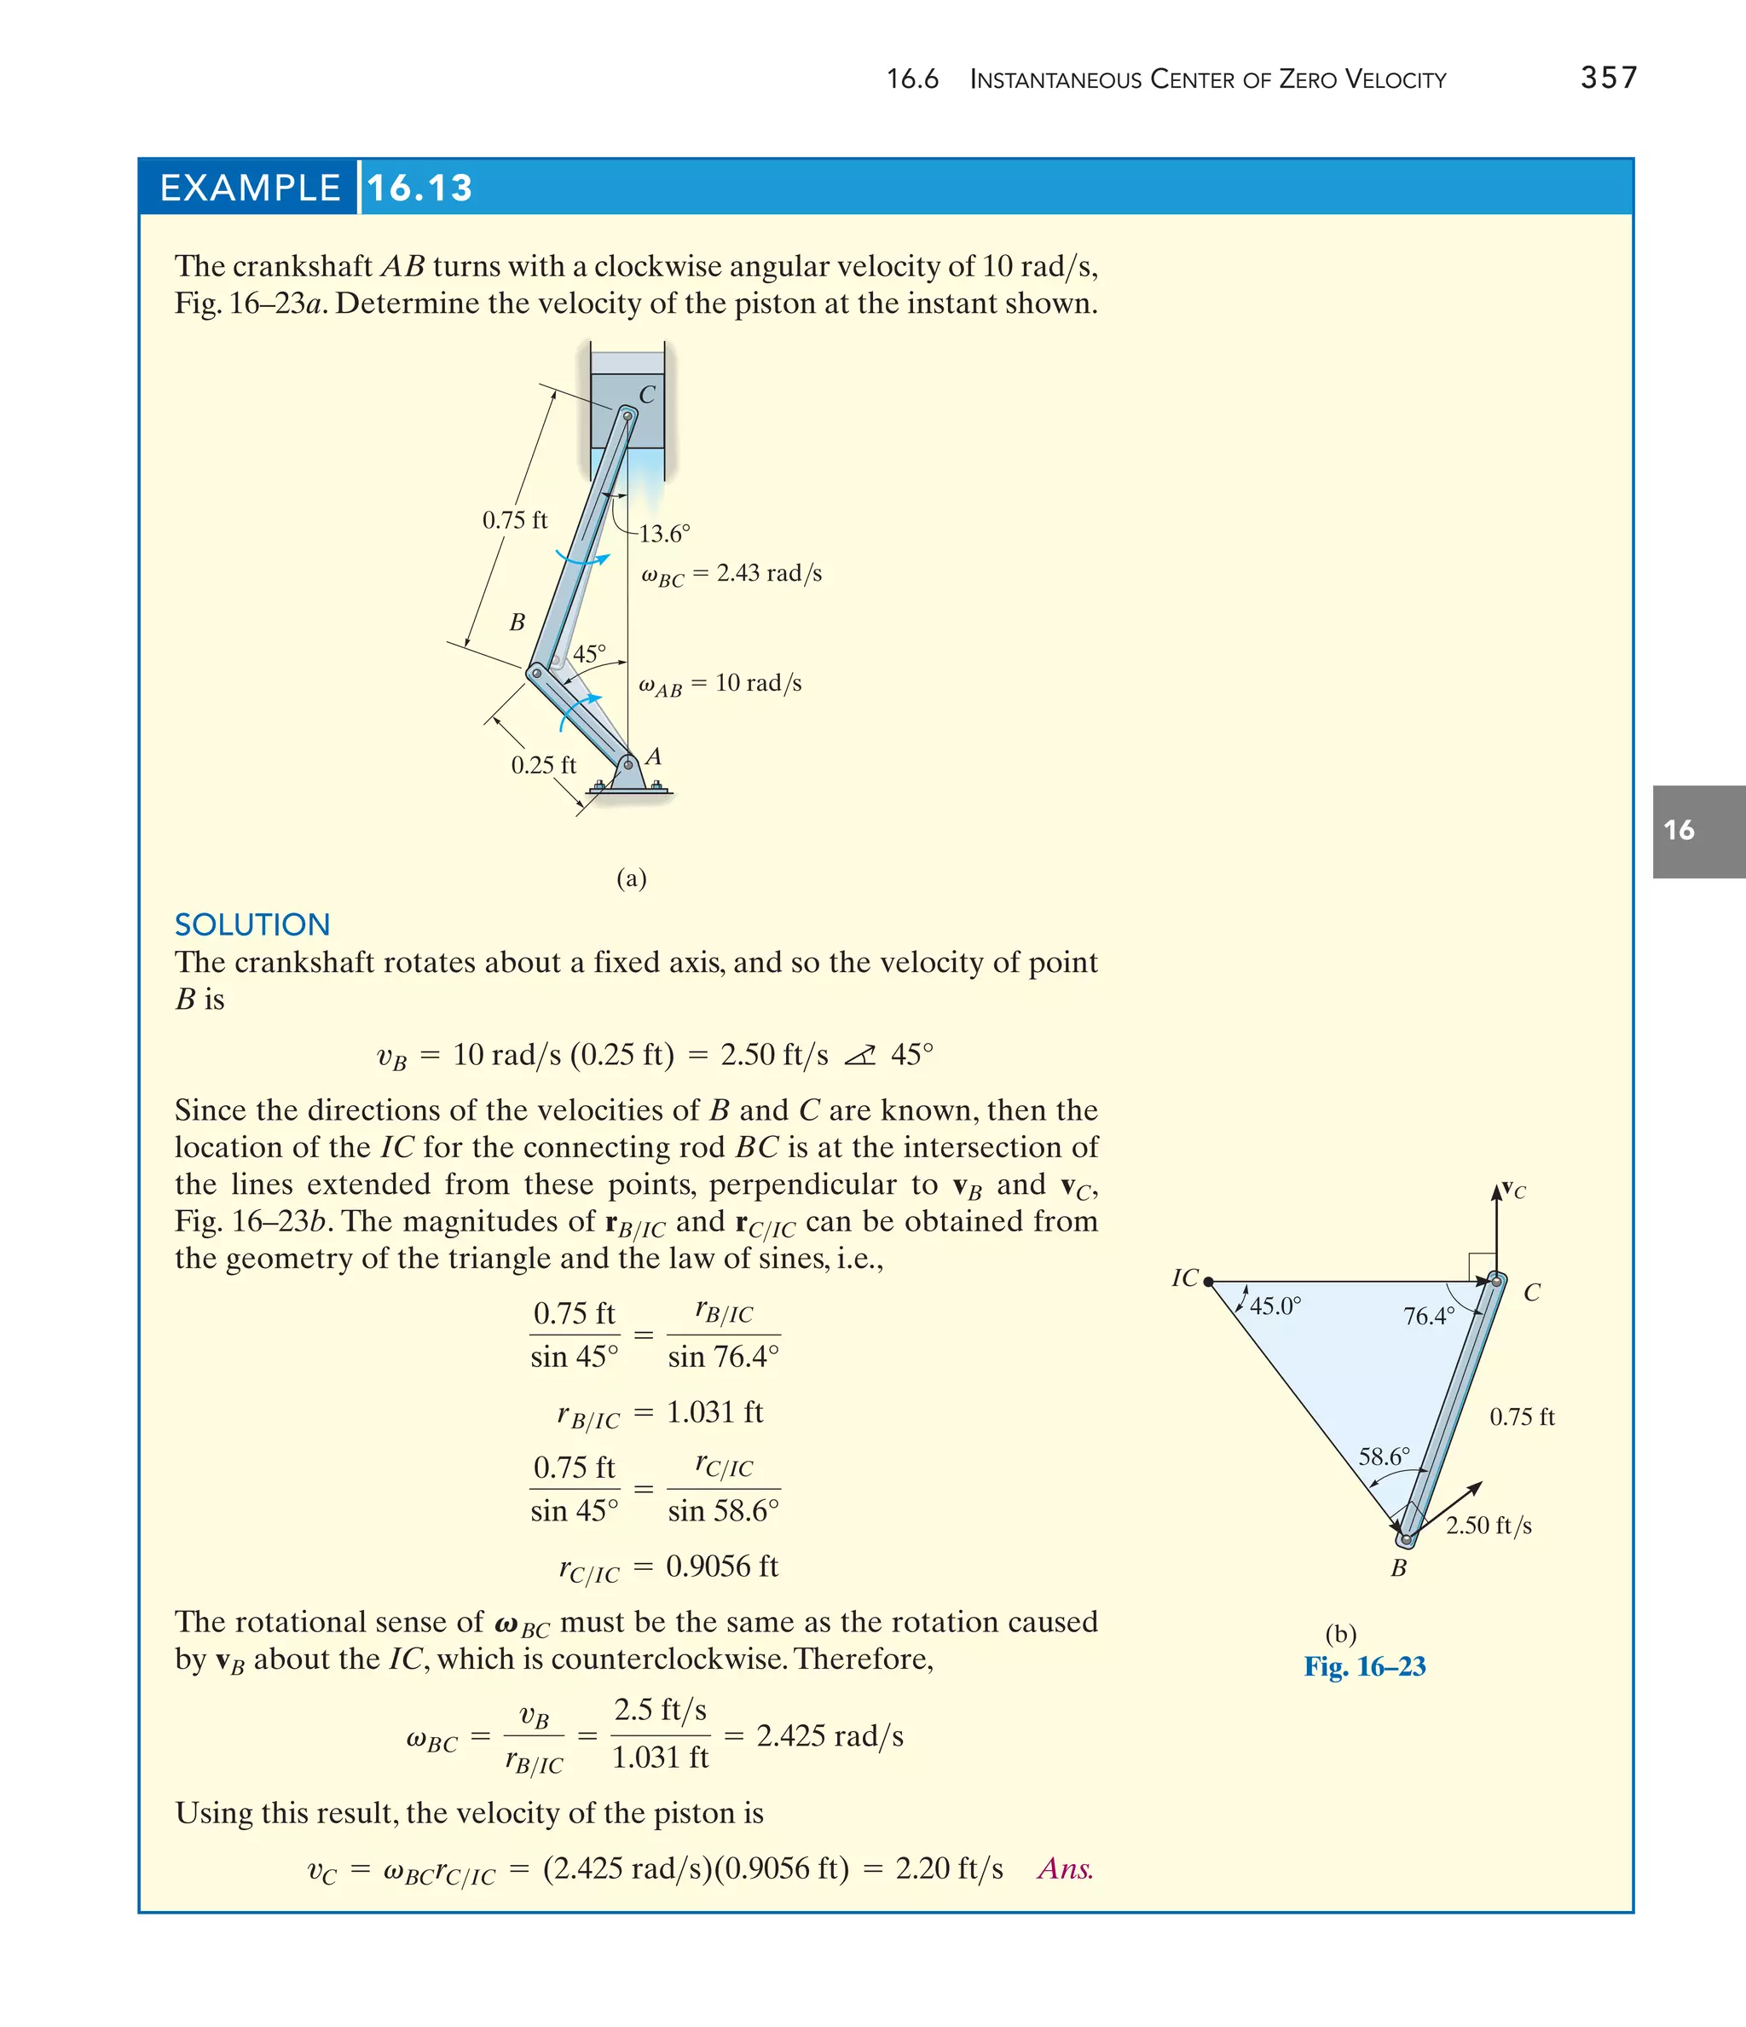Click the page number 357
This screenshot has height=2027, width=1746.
click(1608, 78)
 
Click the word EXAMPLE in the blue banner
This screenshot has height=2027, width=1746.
click(250, 188)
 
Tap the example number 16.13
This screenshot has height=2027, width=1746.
click(419, 188)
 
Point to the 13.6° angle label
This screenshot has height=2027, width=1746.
click(664, 534)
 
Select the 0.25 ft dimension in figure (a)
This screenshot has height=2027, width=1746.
click(543, 765)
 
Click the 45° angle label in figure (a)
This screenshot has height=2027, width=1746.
click(589, 653)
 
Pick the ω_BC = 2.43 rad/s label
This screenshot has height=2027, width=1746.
click(731, 574)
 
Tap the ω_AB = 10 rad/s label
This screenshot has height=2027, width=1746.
click(720, 684)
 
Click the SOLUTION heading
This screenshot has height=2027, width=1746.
click(252, 924)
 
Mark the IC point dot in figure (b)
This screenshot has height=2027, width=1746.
click(1208, 1282)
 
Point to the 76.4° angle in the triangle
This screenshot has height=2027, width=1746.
click(1428, 1316)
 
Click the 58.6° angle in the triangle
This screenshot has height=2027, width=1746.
click(1384, 1457)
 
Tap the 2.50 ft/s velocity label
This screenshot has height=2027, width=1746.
click(1489, 1525)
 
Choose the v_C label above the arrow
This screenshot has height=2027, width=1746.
click(1513, 1190)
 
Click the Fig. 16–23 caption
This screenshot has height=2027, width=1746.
click(1365, 1666)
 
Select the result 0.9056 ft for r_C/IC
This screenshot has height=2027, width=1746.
click(722, 1567)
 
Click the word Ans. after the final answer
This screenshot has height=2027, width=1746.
click(1065, 1868)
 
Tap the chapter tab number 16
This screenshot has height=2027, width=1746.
click(1679, 831)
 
